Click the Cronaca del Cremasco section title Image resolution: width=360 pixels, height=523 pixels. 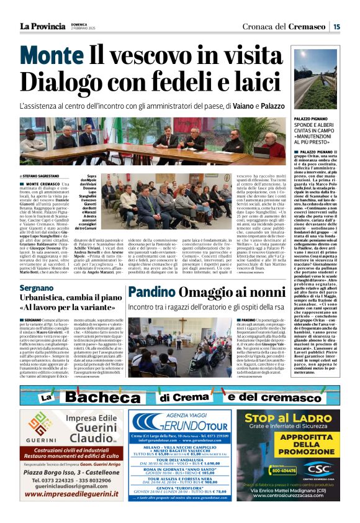pyautogui.click(x=286, y=26)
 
